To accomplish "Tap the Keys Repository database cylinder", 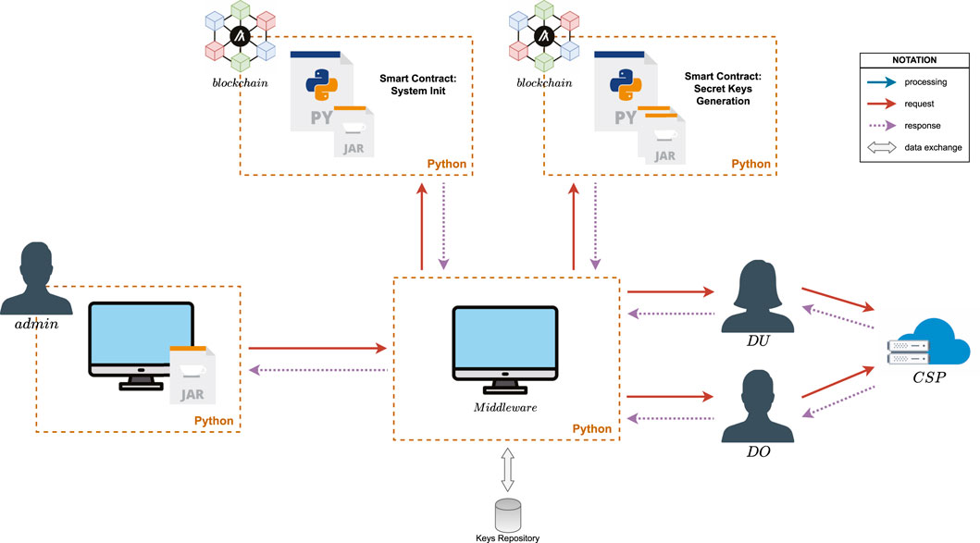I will click(505, 513).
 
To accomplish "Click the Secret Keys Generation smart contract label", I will click(717, 88).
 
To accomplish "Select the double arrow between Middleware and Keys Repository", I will click(505, 469).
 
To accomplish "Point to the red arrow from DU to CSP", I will click(838, 298).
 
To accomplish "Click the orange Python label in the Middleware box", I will click(591, 429).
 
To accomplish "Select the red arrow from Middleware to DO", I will click(671, 398).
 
